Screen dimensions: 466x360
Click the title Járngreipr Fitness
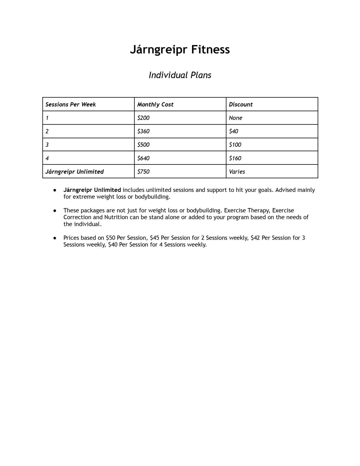180,50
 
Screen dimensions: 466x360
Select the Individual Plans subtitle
180,75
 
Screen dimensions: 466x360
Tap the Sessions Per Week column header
71,104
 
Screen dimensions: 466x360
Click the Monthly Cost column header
155,104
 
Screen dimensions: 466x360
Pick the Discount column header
241,104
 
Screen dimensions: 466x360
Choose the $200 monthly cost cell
143,118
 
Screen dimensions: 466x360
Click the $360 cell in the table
143,131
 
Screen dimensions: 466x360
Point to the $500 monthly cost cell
143,145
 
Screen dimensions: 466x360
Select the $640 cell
143,158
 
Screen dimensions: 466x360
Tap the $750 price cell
143,172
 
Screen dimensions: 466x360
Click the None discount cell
235,118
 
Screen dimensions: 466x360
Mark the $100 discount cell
235,145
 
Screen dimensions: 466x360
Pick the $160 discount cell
235,158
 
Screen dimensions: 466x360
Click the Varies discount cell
237,172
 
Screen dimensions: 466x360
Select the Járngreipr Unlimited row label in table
75,172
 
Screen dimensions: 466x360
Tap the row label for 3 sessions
47,145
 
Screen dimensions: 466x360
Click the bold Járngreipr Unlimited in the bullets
92,190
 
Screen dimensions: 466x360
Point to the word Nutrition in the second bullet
116,217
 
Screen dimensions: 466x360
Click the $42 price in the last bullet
255,238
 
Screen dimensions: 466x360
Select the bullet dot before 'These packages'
55,210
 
